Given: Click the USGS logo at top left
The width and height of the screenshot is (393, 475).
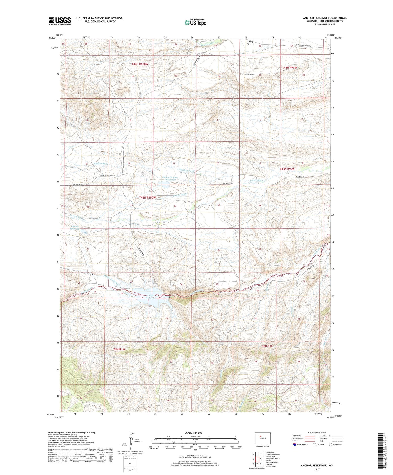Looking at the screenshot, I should (60, 21).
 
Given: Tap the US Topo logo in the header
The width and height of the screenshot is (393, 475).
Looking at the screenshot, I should (195, 22).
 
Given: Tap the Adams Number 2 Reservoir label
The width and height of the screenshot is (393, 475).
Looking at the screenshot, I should (170, 179).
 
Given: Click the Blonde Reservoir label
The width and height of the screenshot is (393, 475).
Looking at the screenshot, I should (75, 227).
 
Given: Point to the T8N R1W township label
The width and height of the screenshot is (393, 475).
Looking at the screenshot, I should (119, 349).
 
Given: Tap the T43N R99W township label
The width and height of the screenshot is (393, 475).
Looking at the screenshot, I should (287, 169).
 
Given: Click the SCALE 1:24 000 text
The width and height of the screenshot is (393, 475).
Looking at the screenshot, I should (193, 433).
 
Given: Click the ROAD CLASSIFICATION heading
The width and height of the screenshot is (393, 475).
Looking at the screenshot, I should (317, 433).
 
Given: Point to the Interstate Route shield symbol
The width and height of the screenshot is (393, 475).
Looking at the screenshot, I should (295, 445).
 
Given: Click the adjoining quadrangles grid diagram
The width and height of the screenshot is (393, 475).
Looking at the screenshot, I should (257, 459).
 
